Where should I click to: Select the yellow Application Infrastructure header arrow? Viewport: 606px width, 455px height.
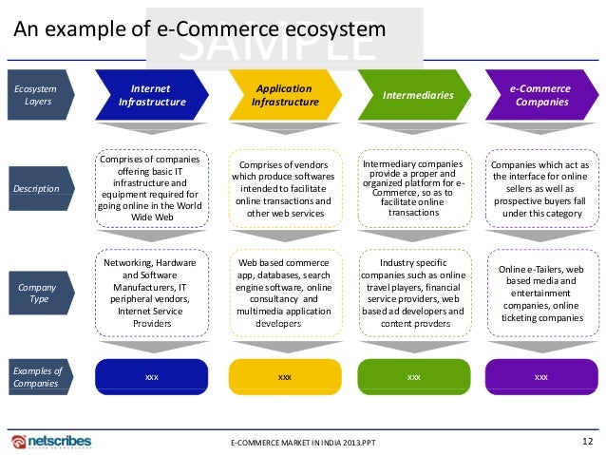tap(283, 95)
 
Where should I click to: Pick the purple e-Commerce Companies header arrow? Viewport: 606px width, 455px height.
tap(540, 95)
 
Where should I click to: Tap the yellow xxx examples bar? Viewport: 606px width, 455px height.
tap(284, 377)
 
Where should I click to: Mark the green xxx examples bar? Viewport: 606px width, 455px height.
tap(413, 377)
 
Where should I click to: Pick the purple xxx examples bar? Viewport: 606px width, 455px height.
tap(540, 377)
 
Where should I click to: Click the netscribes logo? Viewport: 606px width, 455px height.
tap(58, 442)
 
